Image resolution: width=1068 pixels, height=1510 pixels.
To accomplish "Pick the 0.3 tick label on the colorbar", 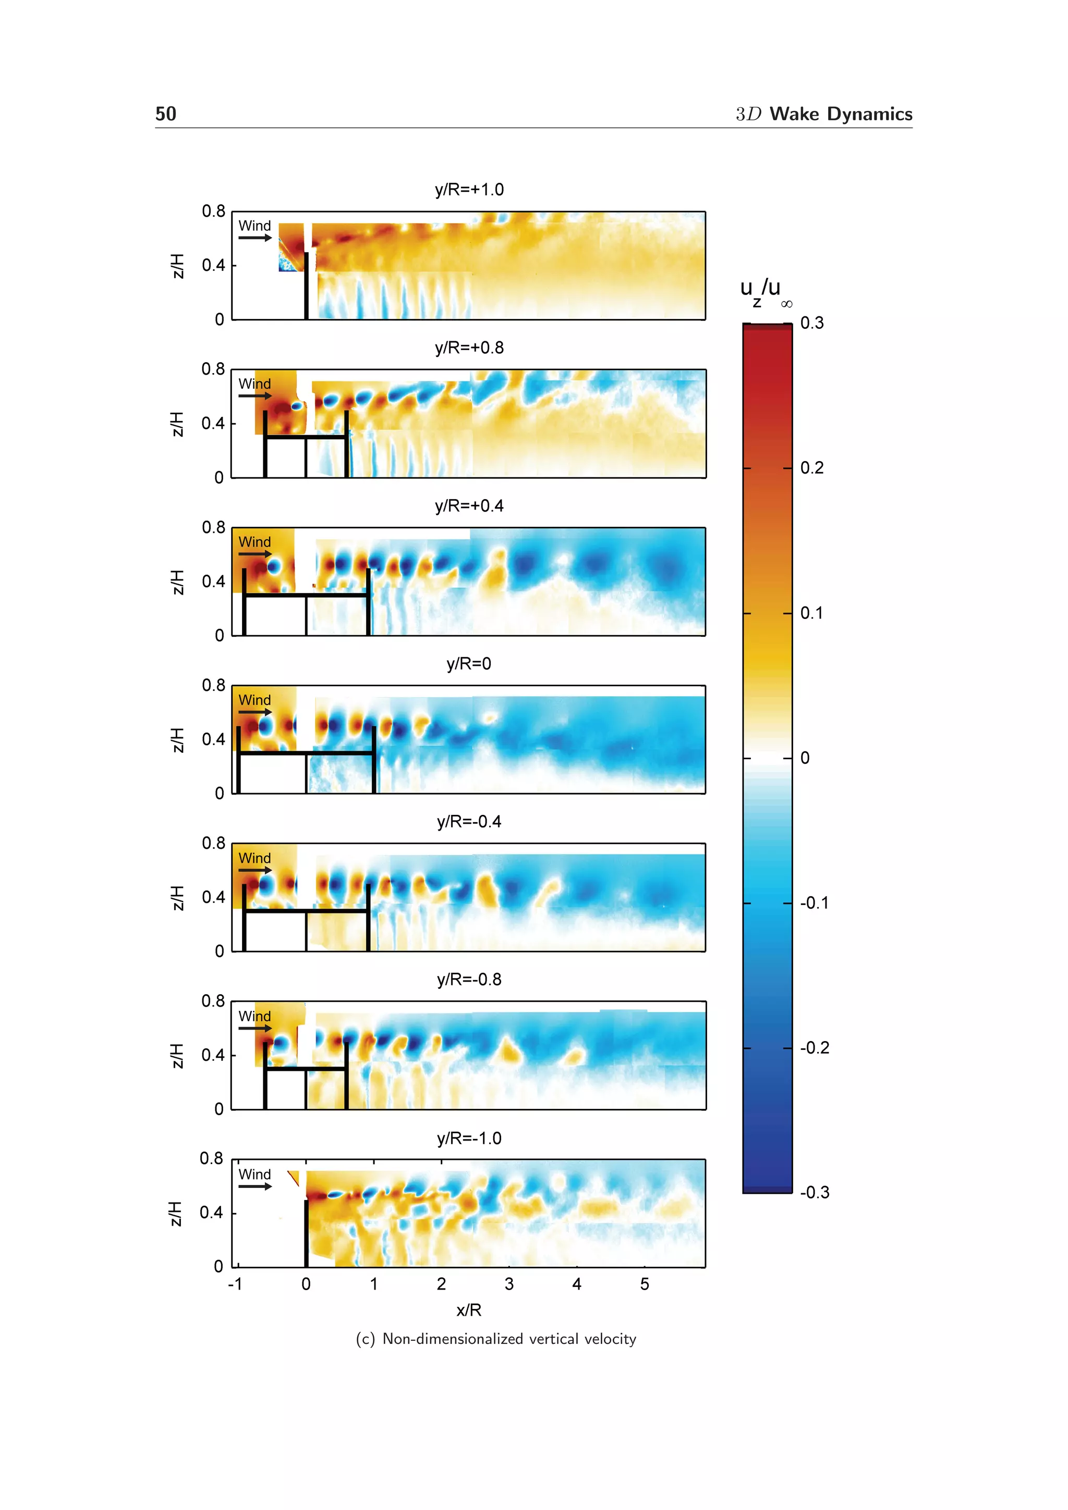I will (x=811, y=323).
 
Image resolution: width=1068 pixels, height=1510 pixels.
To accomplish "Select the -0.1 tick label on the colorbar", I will (x=814, y=903).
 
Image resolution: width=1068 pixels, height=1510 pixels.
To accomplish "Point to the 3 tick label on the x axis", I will (x=508, y=1284).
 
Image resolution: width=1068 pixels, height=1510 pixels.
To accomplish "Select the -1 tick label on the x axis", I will (x=235, y=1284).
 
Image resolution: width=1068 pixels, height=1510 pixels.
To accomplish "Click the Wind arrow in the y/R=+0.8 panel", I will (x=254, y=396).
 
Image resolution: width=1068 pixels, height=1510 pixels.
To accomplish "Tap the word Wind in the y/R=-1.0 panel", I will (x=254, y=1174).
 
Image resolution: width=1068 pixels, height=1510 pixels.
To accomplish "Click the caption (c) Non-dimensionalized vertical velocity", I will (x=495, y=1339).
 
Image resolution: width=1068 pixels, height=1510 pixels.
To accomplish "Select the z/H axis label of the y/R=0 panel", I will (x=176, y=740).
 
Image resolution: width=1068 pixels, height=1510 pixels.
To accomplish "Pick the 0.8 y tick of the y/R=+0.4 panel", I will (x=213, y=527).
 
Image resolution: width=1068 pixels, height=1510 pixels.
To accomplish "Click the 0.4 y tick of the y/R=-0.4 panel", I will (x=213, y=898).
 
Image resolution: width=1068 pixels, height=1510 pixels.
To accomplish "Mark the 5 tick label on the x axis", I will (x=644, y=1284).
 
